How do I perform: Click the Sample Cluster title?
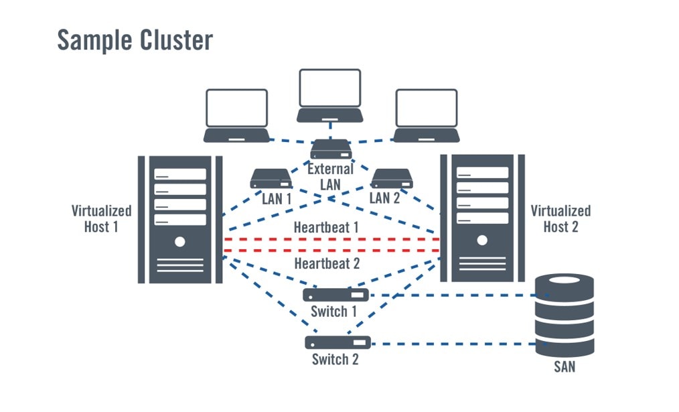(135, 40)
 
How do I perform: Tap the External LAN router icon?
(330, 149)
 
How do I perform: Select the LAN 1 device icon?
(271, 178)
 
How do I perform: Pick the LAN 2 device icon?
(391, 178)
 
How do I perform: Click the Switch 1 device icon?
(335, 295)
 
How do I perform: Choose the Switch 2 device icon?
(337, 342)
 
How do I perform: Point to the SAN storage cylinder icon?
(564, 315)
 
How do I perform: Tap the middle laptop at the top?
(330, 96)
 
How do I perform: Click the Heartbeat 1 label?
(326, 228)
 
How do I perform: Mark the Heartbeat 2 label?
(327, 263)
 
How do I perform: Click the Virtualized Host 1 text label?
(102, 218)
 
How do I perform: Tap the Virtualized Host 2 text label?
(560, 218)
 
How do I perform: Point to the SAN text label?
(564, 366)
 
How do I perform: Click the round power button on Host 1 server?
(179, 241)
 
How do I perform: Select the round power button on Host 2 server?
(481, 241)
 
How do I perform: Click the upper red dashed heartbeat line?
(331, 239)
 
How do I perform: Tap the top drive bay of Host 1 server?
(180, 174)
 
